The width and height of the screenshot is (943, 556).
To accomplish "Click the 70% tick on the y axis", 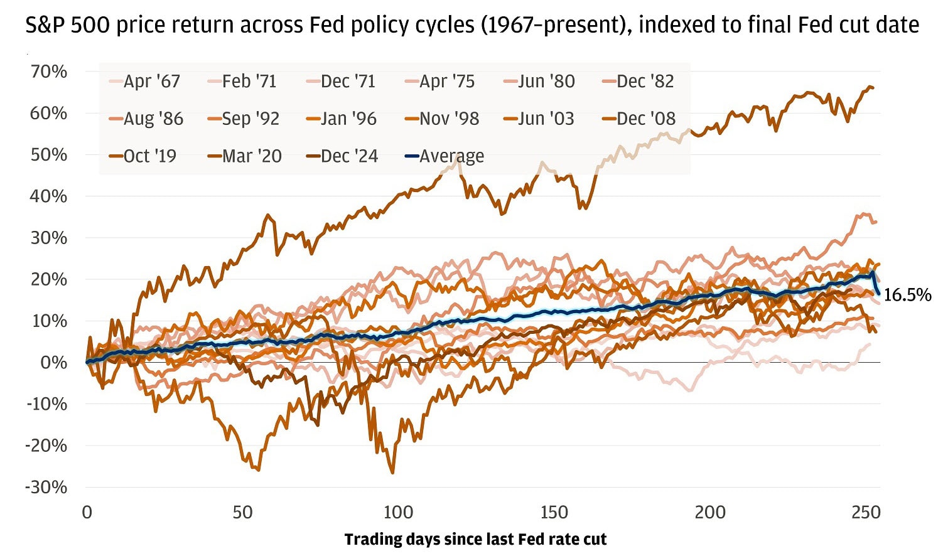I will [49, 72].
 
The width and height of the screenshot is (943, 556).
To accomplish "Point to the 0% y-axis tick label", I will [54, 363].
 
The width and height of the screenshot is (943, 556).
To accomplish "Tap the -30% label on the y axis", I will [46, 487].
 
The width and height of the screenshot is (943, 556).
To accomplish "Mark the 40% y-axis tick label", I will [49, 196].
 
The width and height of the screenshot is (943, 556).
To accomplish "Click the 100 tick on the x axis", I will [398, 513].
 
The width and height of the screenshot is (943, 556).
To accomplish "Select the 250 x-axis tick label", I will [866, 513].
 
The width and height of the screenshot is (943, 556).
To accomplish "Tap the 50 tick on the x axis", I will [242, 513].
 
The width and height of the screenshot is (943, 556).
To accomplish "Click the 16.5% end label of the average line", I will [907, 295].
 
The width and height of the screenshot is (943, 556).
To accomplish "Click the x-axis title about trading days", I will [475, 540].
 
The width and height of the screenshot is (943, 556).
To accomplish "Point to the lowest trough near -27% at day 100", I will [392, 473].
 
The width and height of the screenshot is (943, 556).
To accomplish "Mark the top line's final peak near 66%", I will [870, 87].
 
